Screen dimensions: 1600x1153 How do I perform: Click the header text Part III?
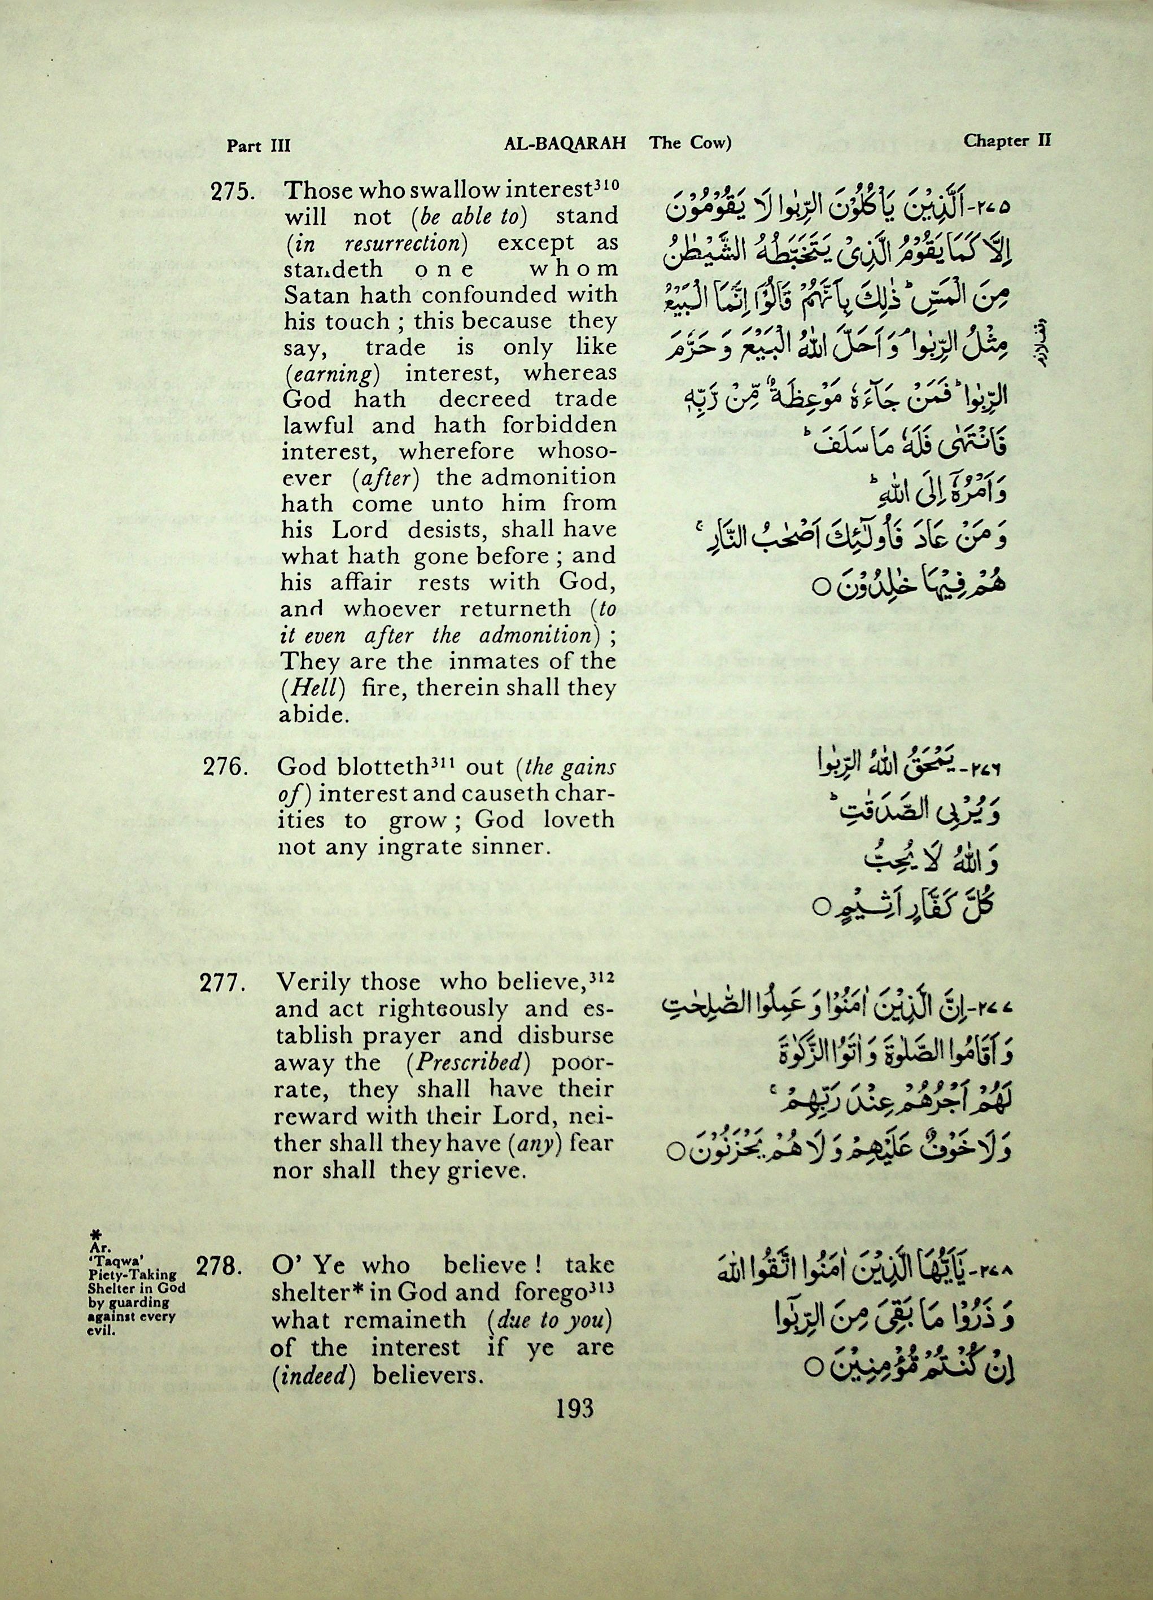pyautogui.click(x=258, y=146)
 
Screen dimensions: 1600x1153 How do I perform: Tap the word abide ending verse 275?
pyautogui.click(x=314, y=715)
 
